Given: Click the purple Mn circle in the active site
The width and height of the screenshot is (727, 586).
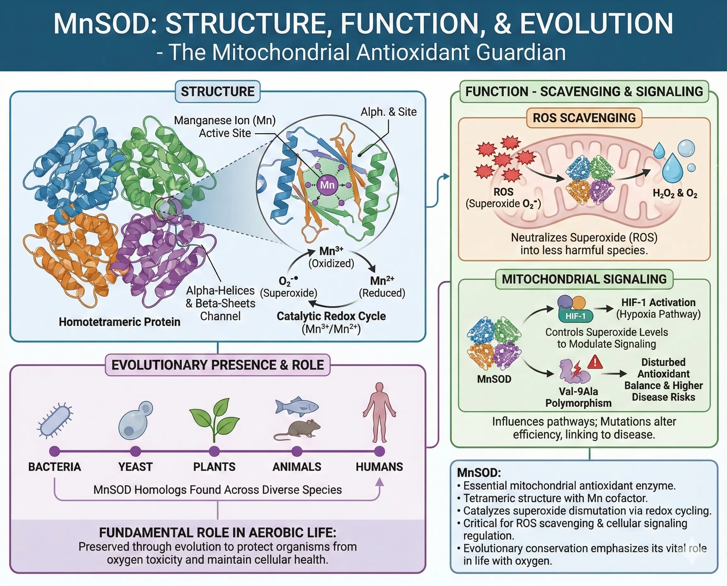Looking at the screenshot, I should (327, 185).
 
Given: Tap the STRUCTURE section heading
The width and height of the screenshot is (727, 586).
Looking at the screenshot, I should (218, 92).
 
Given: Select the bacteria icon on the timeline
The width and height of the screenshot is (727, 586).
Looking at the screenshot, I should (55, 421).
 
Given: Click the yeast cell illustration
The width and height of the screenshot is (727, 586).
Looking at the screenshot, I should (135, 420).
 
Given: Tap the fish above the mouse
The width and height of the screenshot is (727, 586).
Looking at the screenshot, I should (297, 405).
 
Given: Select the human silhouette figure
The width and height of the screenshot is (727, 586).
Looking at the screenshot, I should (380, 412).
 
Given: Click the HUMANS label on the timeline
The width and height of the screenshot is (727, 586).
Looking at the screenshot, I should (379, 467).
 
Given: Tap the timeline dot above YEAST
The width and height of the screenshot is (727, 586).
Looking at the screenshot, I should (135, 451).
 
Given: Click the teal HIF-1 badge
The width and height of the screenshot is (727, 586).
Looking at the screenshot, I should (575, 316).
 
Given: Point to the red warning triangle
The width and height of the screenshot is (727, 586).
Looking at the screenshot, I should (595, 362).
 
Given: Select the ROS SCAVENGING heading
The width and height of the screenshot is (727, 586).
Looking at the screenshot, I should (584, 118).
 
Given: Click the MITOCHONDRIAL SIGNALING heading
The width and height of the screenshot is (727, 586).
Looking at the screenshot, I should (584, 279).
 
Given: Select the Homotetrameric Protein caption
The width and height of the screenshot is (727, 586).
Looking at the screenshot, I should (119, 322).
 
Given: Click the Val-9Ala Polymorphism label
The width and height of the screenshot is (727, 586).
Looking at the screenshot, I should (578, 397).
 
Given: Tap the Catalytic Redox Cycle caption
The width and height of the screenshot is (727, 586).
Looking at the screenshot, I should (331, 316).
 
